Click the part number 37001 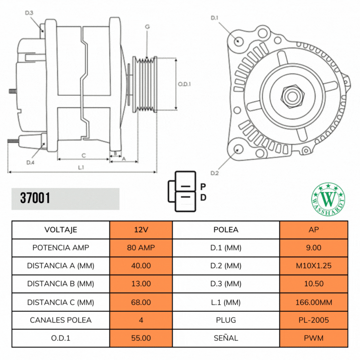35,198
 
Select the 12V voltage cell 141,229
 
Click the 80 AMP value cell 141,247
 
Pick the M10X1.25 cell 314,265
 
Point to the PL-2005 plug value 314,320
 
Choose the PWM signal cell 314,338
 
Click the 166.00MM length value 314,302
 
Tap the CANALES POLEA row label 61,320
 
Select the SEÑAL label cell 226,338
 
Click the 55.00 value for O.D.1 141,338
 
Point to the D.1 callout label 215,18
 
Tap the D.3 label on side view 29,13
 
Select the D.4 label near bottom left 30,162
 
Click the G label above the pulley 147,27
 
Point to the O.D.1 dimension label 184,84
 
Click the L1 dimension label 81,167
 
